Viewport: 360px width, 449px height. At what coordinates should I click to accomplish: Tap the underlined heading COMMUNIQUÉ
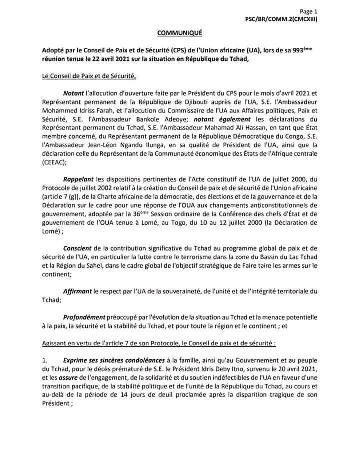click(x=180, y=33)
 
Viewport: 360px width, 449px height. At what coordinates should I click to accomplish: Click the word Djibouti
click(x=188, y=101)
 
